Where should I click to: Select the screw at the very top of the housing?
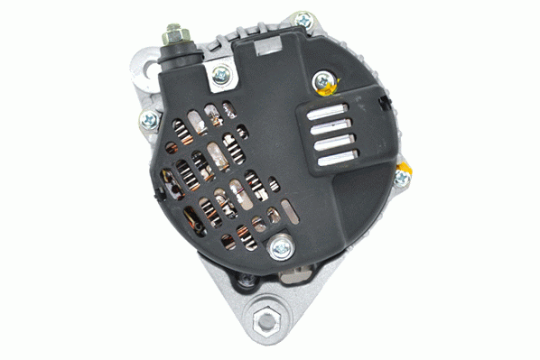[303, 20]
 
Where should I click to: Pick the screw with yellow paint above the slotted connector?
[323, 83]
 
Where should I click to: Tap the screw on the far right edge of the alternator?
[401, 178]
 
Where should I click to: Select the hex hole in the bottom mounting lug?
[268, 318]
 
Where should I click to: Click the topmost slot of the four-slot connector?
[329, 113]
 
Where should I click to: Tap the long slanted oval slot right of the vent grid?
[290, 211]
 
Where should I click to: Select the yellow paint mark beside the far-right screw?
[405, 168]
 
